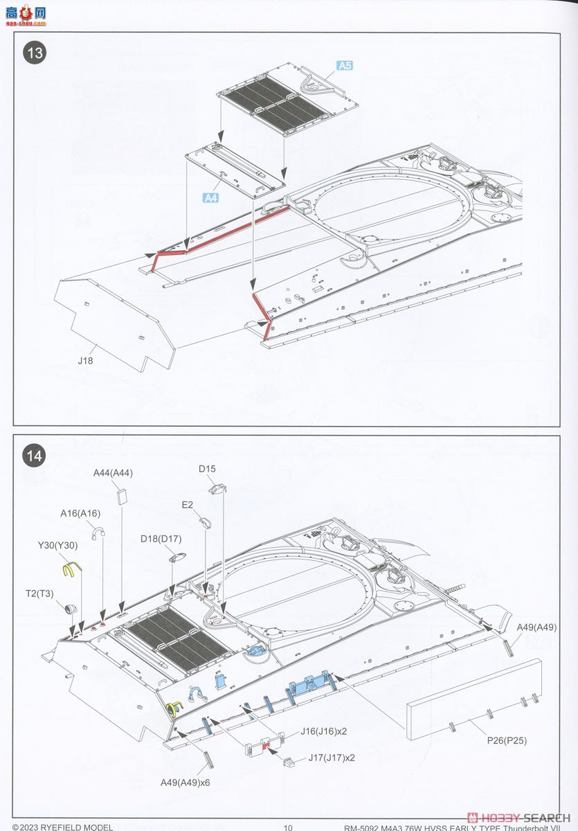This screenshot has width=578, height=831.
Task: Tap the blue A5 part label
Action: [345, 66]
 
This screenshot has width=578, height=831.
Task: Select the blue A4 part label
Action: [210, 198]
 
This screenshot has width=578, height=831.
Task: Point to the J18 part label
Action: [85, 361]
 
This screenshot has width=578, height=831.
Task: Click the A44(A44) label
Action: [113, 473]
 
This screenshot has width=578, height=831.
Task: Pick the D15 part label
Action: [207, 469]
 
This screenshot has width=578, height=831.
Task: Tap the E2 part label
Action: [188, 505]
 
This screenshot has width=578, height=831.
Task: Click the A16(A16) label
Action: [80, 513]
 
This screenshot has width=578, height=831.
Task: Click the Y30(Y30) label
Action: [57, 546]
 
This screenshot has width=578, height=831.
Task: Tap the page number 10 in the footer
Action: [289, 826]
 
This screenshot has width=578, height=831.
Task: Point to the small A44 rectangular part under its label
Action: [123, 494]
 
